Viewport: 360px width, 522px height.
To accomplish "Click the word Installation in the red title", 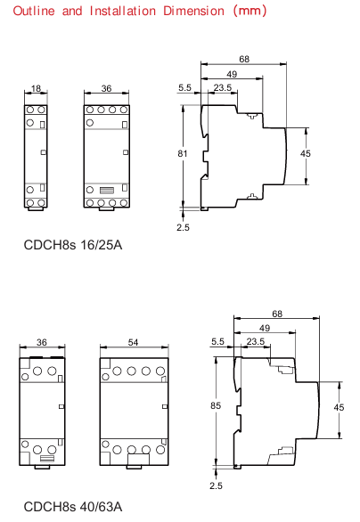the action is pos(123,11).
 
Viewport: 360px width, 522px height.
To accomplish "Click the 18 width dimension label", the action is pos(36,88).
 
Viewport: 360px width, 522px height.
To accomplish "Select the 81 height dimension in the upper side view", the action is pos(183,153).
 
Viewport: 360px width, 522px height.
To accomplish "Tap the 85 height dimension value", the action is pos(216,405).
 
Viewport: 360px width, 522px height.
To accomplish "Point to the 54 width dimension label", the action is pos(133,342).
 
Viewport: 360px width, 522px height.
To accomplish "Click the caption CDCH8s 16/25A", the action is pos(73,245).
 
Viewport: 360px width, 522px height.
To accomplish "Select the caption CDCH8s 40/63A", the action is pos(73,507).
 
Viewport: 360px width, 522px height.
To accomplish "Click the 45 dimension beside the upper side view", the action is pos(306,153).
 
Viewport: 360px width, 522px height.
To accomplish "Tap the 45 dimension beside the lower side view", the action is pos(339,407).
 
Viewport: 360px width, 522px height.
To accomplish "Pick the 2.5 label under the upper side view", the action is pos(183,227).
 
